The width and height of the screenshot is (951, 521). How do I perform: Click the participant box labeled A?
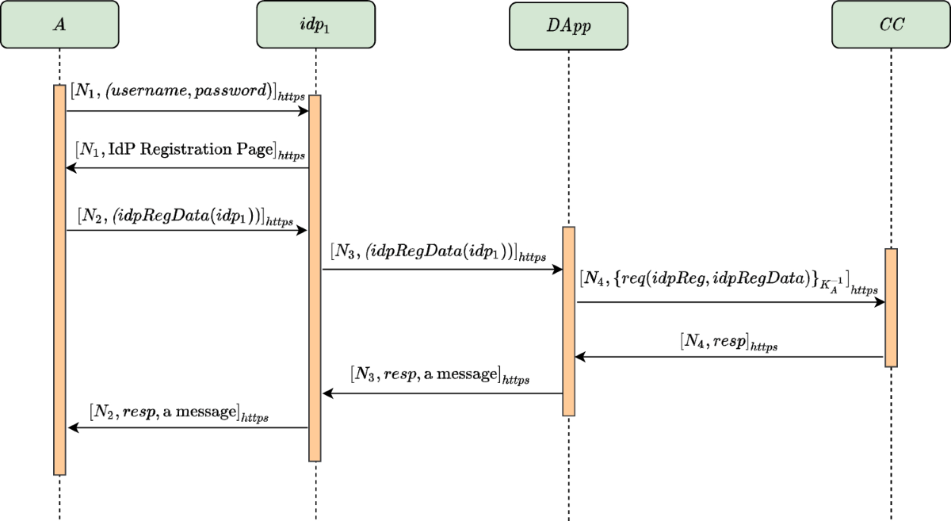[59, 24]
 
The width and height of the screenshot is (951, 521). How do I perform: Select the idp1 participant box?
[315, 24]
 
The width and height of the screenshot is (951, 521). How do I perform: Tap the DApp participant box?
[568, 25]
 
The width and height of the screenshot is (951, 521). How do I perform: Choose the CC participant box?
[891, 25]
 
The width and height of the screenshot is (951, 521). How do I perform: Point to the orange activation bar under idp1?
[315, 278]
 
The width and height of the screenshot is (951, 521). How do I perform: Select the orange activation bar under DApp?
[568, 320]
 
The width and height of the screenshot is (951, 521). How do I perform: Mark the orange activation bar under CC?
[891, 308]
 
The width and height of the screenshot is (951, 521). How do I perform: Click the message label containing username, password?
[183, 93]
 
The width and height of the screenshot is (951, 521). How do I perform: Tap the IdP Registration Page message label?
[190, 150]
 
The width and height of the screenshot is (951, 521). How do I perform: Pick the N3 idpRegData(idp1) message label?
[438, 253]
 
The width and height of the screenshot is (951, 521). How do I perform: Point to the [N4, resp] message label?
[728, 343]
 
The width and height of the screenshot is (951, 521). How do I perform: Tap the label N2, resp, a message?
[179, 412]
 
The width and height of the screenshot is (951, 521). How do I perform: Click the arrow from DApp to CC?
[729, 302]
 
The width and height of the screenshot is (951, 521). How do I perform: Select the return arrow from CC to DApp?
[729, 358]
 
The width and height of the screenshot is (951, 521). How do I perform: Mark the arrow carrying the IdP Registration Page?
[187, 168]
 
